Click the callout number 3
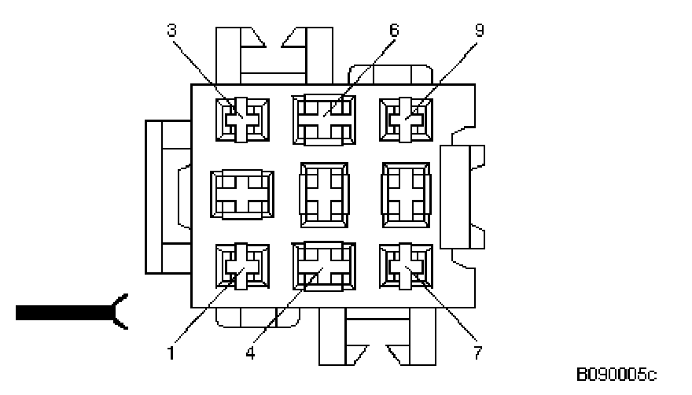(x=172, y=31)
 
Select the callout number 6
(x=394, y=31)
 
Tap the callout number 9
(x=479, y=31)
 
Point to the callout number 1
(x=171, y=353)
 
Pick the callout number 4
(x=249, y=353)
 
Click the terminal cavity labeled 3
(x=242, y=120)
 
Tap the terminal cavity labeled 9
(x=405, y=120)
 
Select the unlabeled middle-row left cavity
(x=242, y=193)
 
